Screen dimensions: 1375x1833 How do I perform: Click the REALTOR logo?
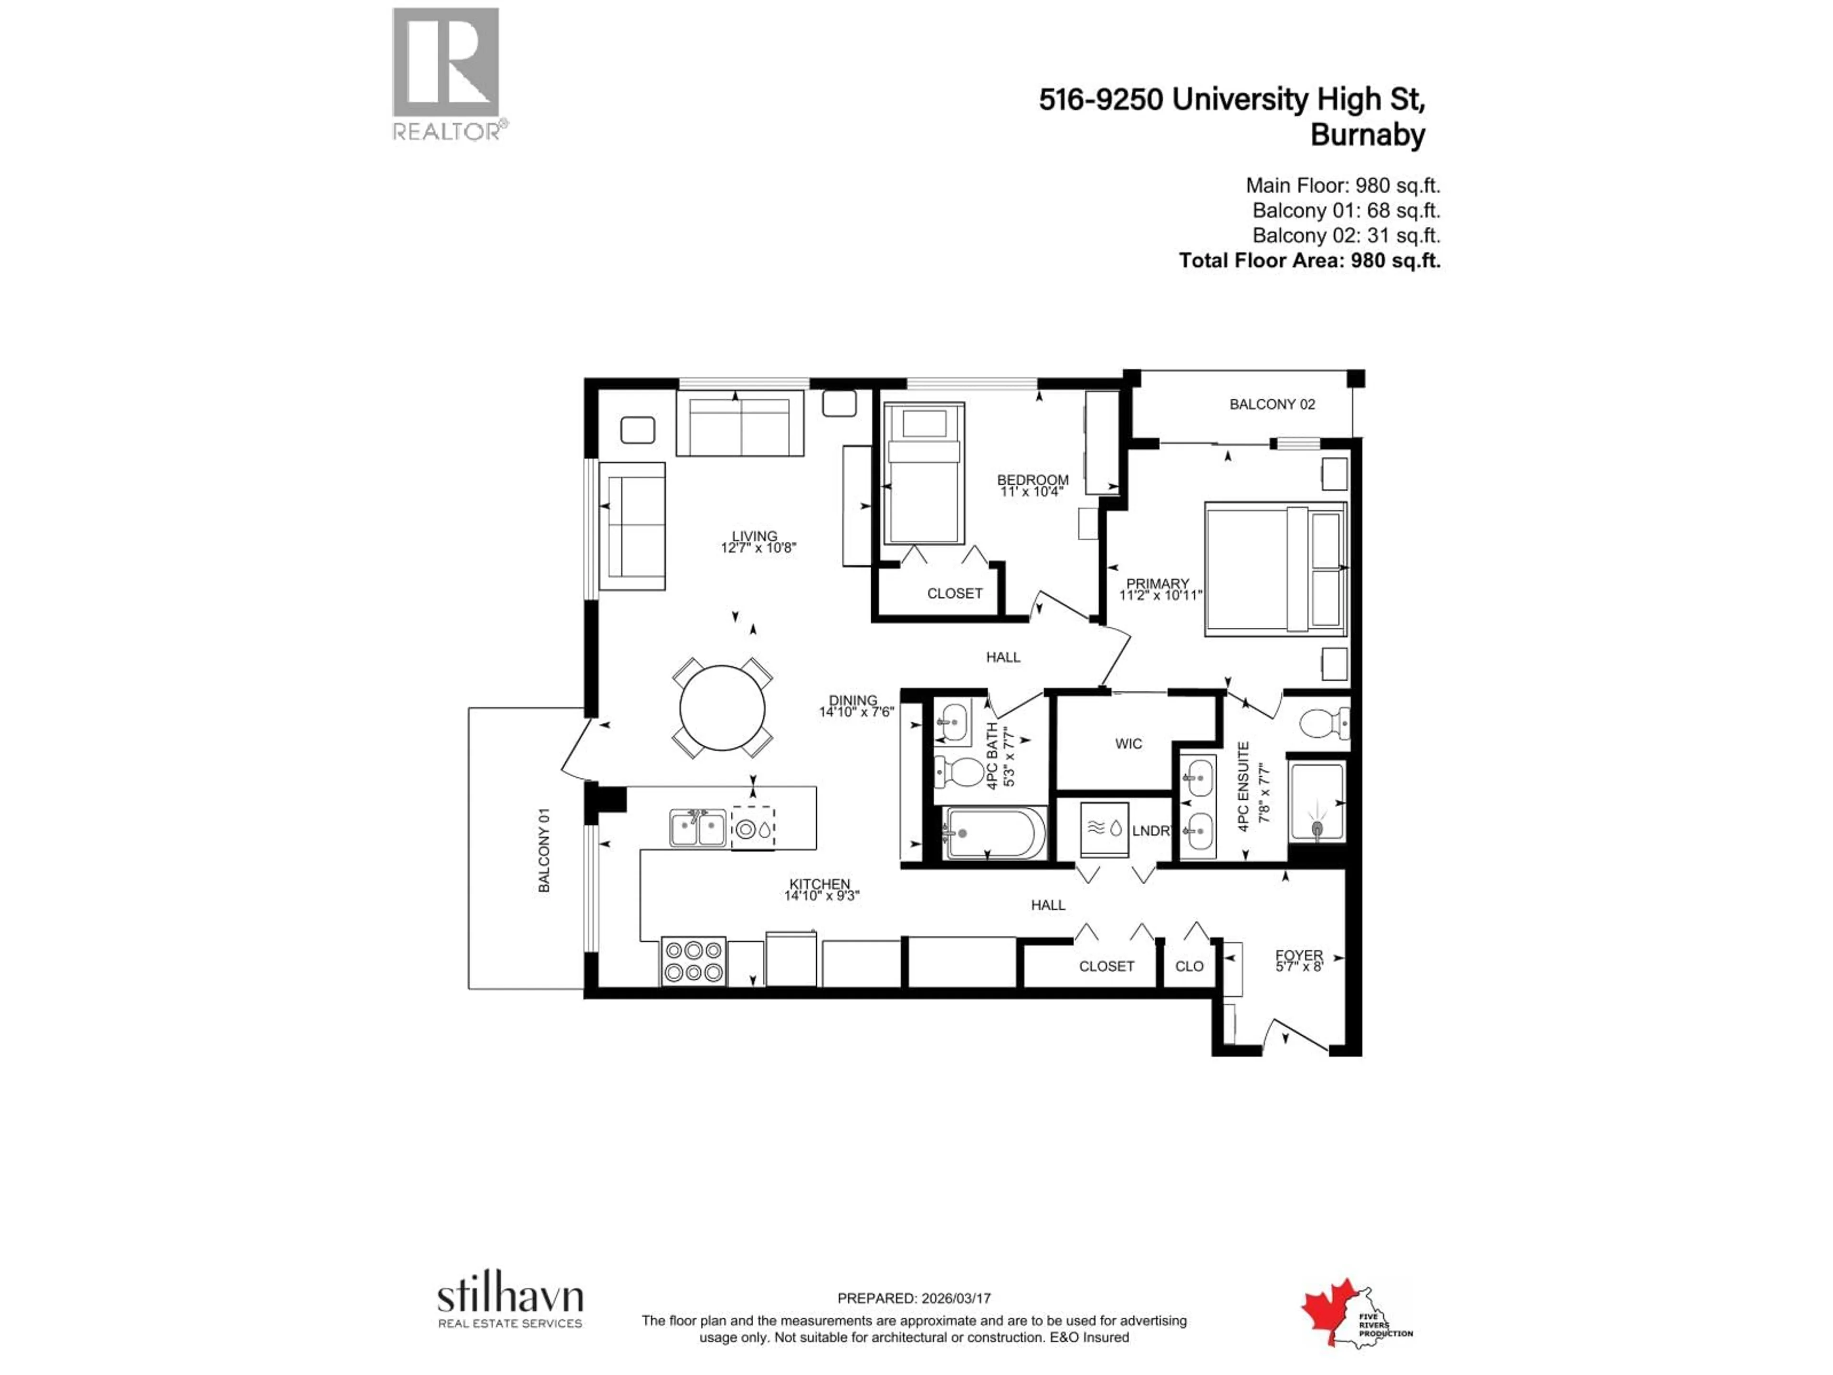coord(446,73)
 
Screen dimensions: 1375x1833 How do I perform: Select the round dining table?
coord(722,709)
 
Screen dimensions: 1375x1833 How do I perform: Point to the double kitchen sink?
coord(698,828)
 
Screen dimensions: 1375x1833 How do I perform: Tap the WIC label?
coord(1128,743)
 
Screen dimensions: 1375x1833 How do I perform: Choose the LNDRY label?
coord(1150,830)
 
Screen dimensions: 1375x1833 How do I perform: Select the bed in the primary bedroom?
coord(1275,569)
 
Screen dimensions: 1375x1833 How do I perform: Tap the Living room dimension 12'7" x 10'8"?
coord(758,548)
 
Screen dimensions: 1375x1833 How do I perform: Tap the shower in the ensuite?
coord(1316,802)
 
